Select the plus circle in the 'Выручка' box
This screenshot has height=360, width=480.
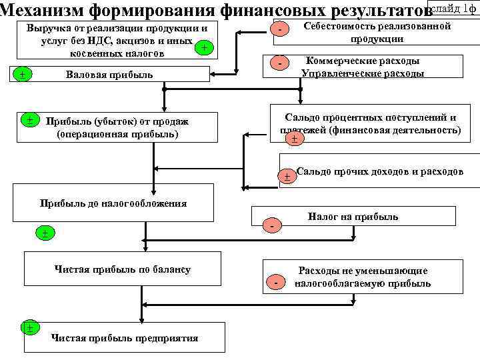pyautogui.click(x=205, y=48)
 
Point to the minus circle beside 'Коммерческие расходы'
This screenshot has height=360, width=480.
pyautogui.click(x=281, y=64)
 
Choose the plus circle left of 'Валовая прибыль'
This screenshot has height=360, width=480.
pyautogui.click(x=23, y=74)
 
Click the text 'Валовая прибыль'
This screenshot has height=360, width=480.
pyautogui.click(x=109, y=75)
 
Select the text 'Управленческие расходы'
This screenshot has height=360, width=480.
pyautogui.click(x=363, y=73)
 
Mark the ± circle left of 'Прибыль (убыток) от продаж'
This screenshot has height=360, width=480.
pyautogui.click(x=30, y=120)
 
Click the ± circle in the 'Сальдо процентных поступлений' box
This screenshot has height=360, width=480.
pyautogui.click(x=293, y=139)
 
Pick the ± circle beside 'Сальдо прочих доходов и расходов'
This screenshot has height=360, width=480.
pyautogui.click(x=287, y=177)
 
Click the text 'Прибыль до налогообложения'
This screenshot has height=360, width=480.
pyautogui.click(x=113, y=203)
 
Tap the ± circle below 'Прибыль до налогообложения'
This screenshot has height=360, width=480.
pyautogui.click(x=44, y=233)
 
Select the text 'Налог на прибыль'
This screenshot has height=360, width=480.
pyautogui.click(x=353, y=216)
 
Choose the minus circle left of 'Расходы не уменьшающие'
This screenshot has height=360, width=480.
pyautogui.click(x=275, y=283)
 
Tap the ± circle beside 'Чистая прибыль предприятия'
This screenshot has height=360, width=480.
pyautogui.click(x=29, y=327)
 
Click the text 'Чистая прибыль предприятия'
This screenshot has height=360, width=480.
pyautogui.click(x=125, y=338)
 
